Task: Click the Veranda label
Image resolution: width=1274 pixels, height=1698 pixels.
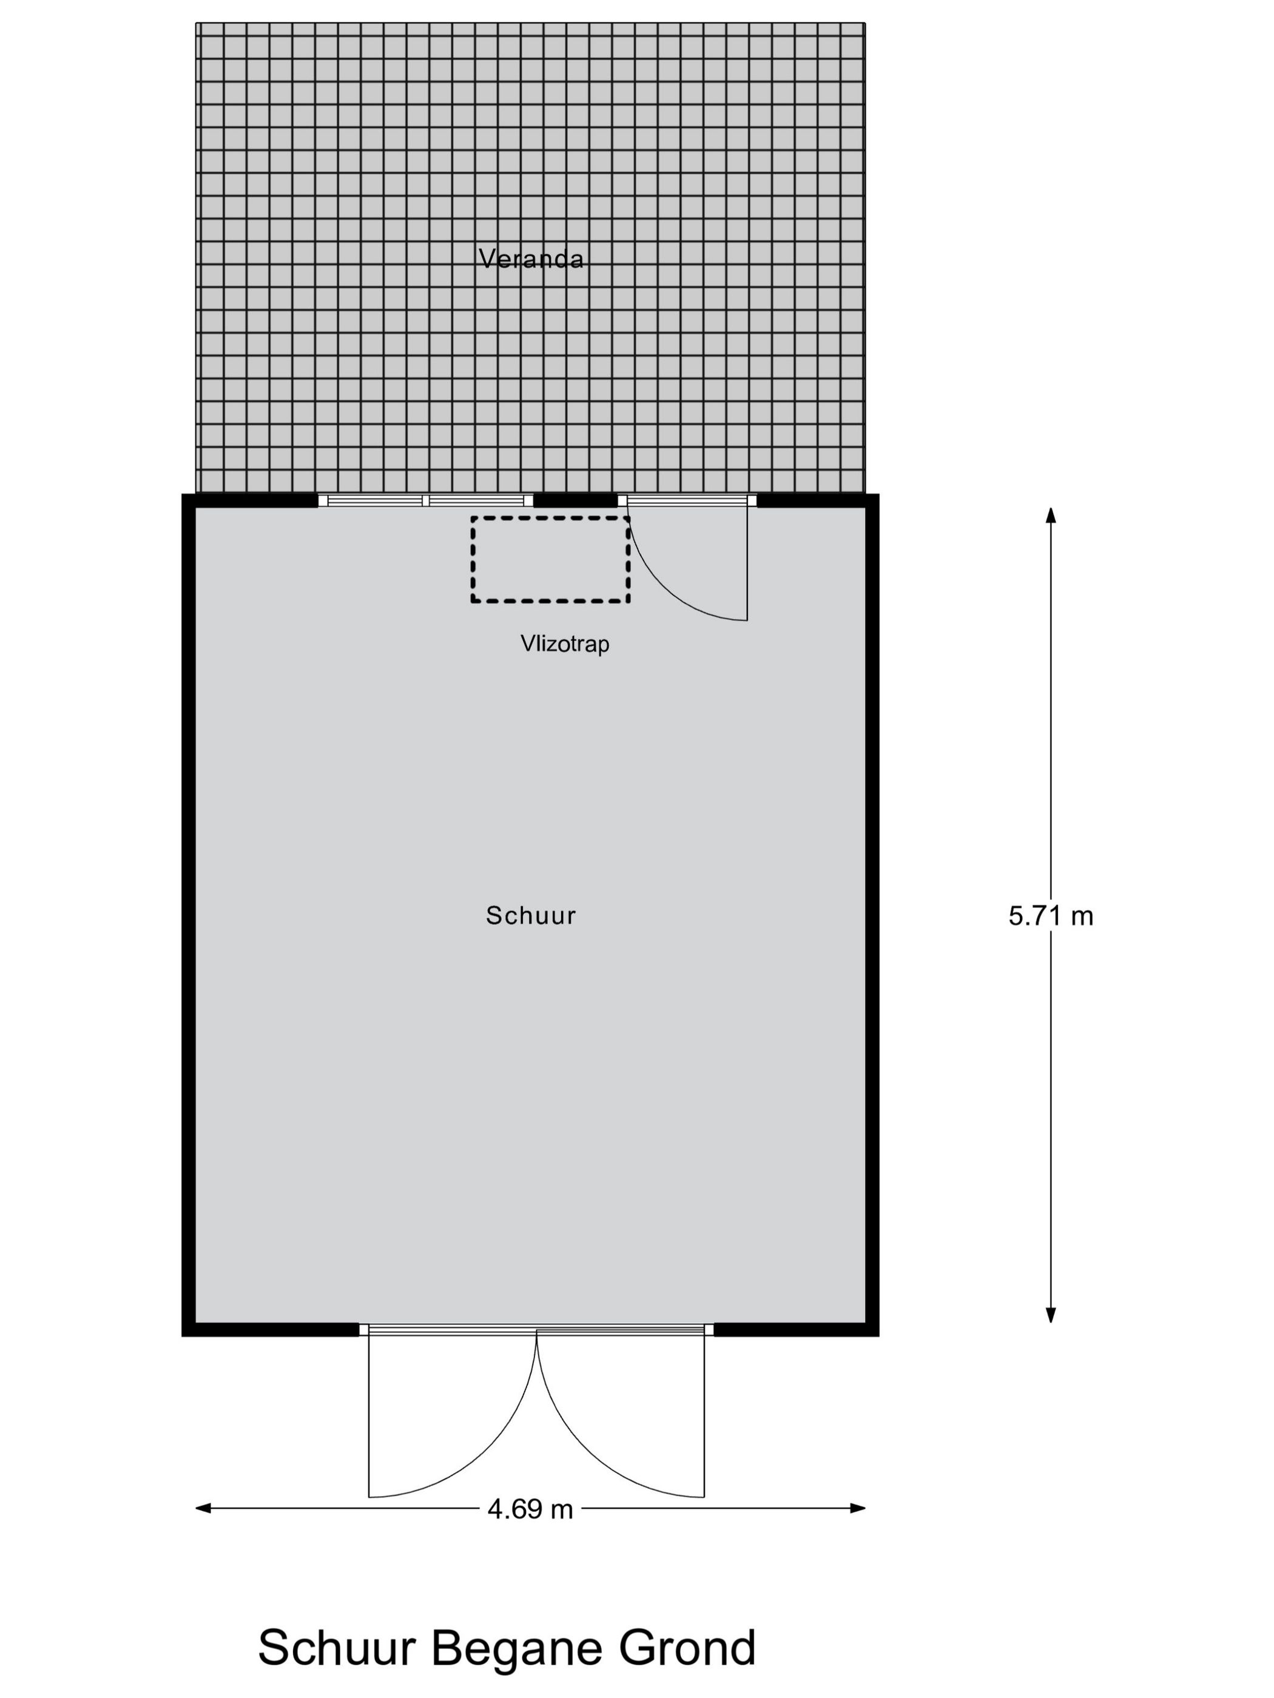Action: (531, 259)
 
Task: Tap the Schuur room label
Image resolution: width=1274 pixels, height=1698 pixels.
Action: (531, 915)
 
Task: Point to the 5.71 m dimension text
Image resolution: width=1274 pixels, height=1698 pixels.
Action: (1051, 916)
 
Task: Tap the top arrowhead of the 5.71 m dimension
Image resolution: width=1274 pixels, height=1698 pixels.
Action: (1051, 514)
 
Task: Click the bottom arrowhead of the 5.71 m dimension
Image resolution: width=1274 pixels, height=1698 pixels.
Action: (1051, 1315)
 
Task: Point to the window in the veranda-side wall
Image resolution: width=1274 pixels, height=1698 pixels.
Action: (425, 500)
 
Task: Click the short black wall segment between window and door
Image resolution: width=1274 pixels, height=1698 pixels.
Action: (575, 500)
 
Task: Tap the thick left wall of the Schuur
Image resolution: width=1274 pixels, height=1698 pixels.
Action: (188, 915)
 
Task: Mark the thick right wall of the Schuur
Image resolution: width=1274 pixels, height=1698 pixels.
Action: (872, 915)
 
